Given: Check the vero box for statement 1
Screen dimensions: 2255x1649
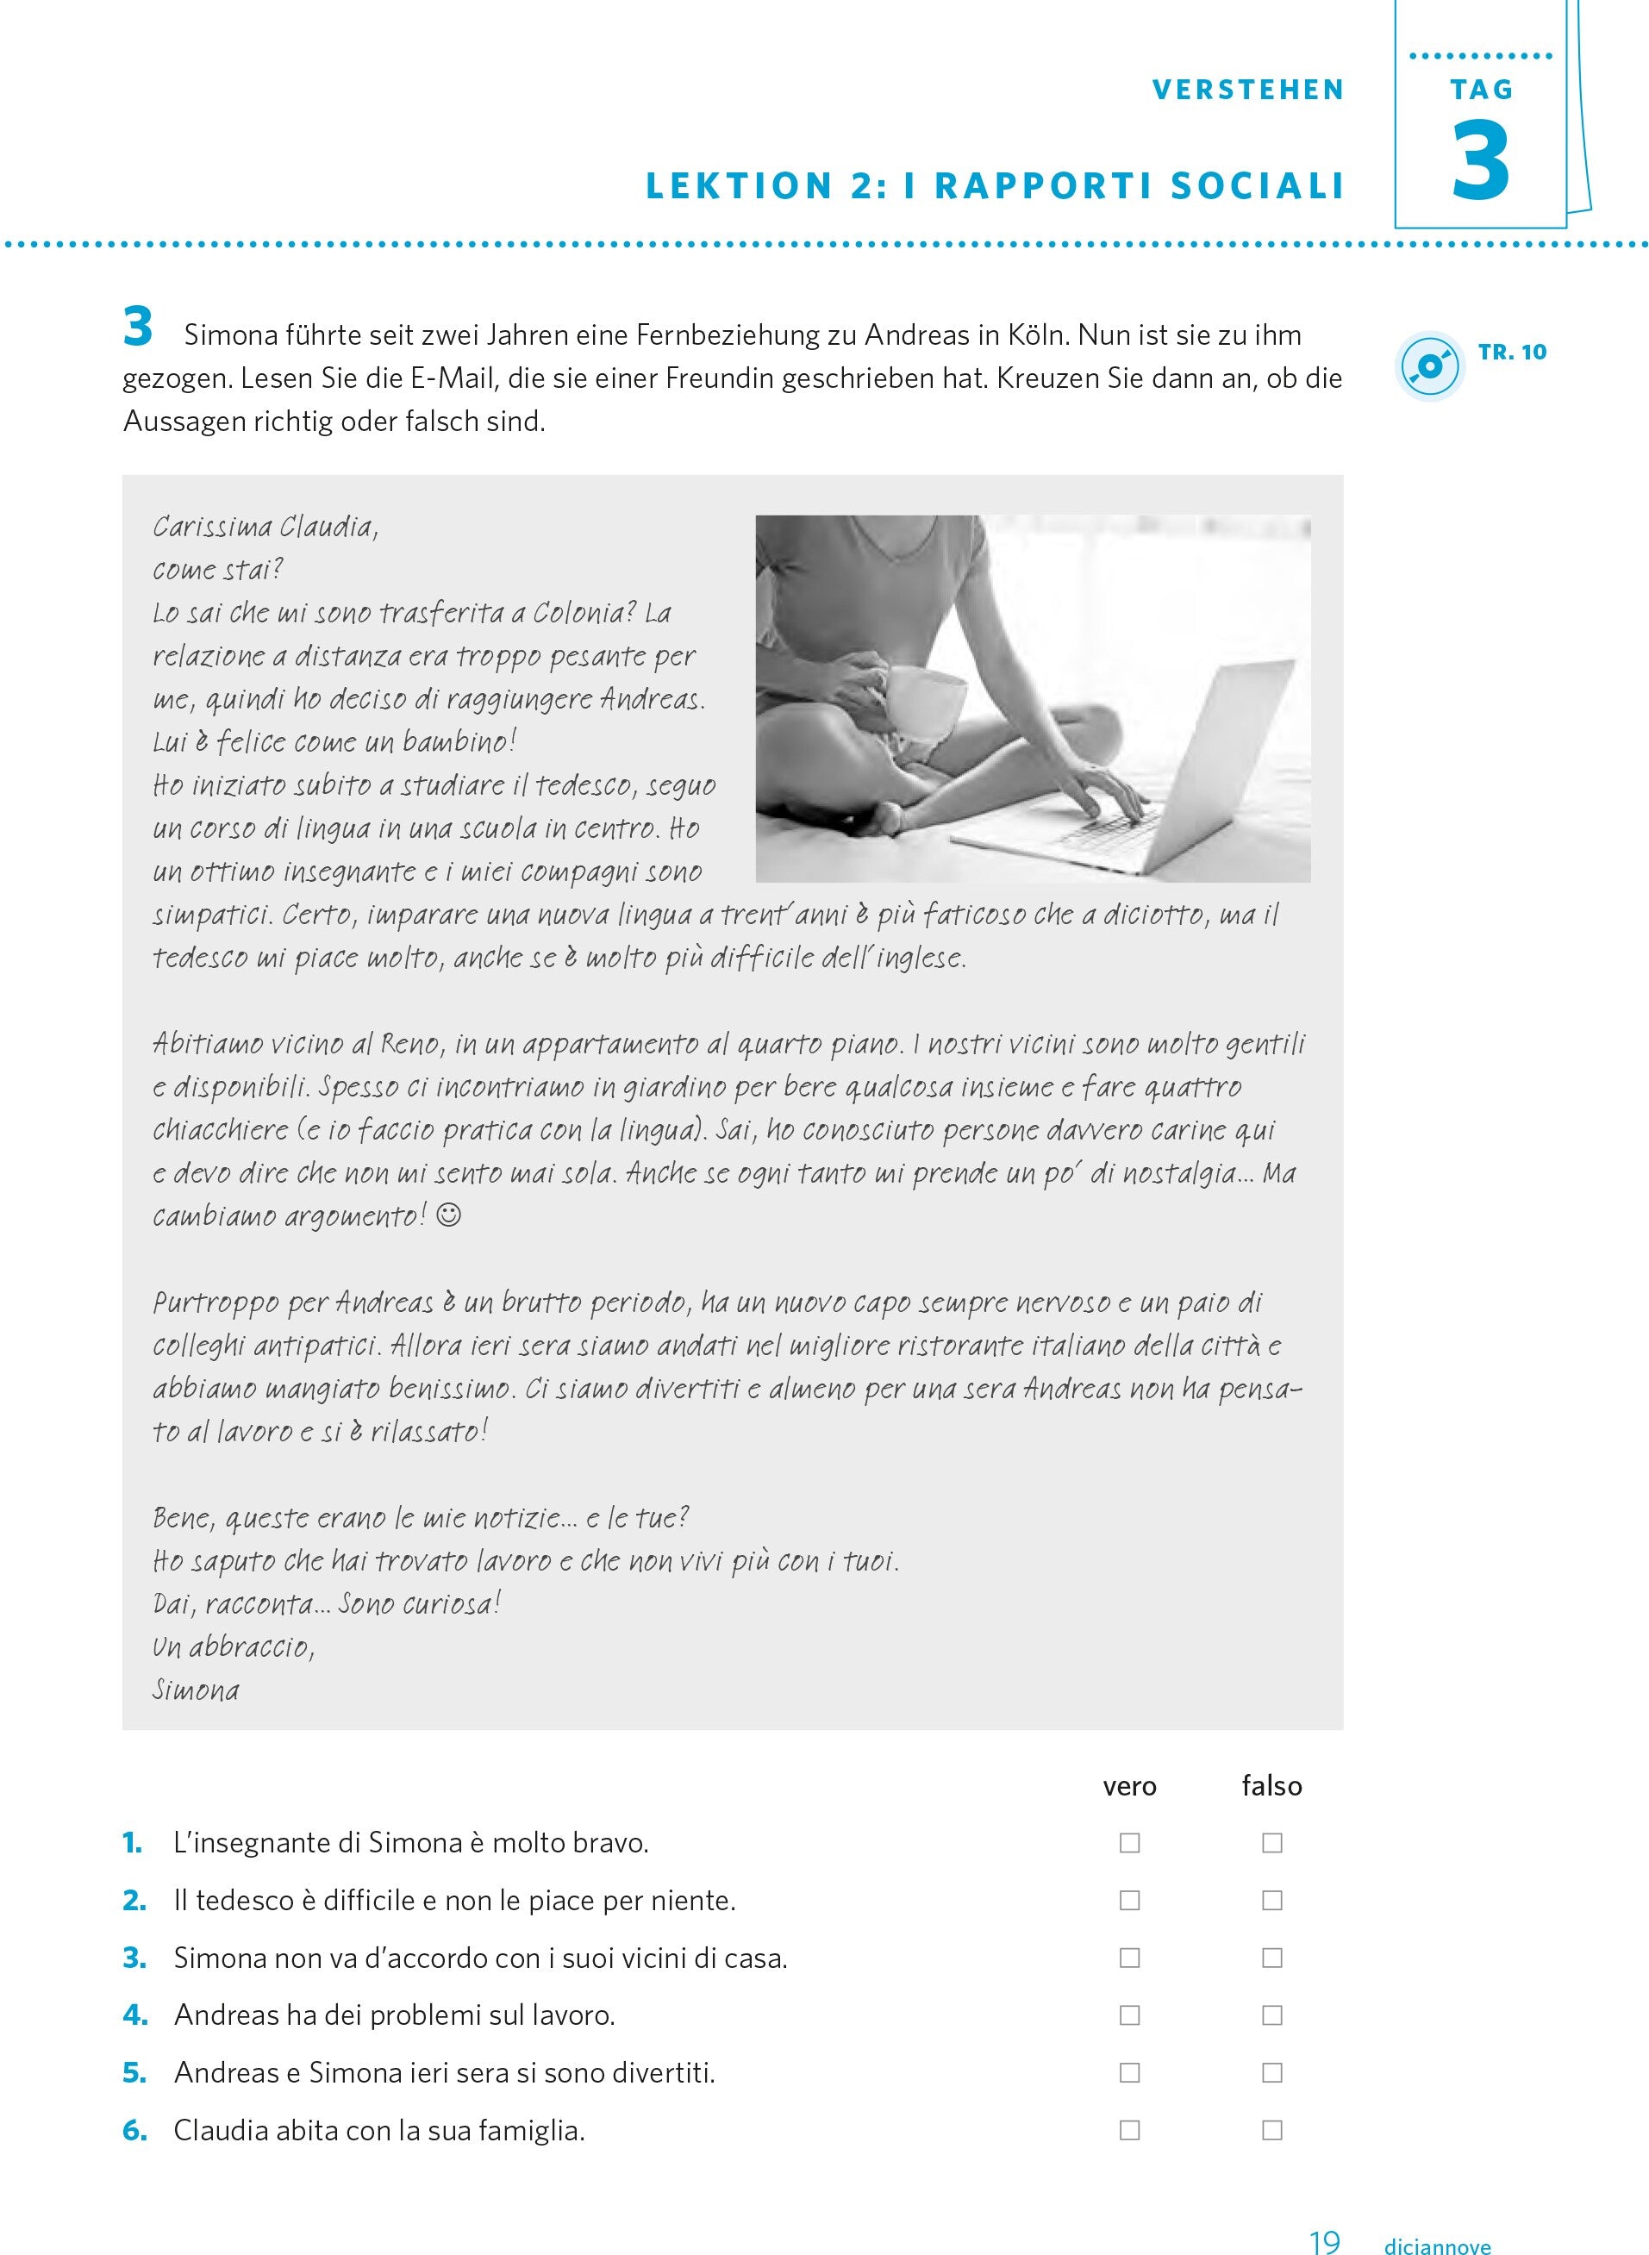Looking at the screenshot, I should tap(1129, 1843).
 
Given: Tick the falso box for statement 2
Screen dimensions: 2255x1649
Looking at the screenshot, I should tap(1271, 1901).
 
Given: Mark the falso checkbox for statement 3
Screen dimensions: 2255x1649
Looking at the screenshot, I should tap(1271, 1958).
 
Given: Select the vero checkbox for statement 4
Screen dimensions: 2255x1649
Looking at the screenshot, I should tap(1129, 2015).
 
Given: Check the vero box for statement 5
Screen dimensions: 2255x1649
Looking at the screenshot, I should tap(1129, 2073).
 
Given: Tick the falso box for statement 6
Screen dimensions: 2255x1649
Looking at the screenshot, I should tap(1271, 2130).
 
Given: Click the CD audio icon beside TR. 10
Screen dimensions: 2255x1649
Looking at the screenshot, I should tap(1428, 366).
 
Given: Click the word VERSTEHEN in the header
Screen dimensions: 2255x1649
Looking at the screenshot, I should tap(1247, 90).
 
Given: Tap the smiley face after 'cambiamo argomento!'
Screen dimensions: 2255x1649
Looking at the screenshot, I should tap(449, 1215).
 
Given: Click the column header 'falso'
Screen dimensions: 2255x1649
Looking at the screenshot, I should tap(1271, 1786).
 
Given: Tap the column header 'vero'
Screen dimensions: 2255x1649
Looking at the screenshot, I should tap(1129, 1786).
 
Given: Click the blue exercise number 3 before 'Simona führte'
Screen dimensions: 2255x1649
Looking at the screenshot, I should tap(138, 328).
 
